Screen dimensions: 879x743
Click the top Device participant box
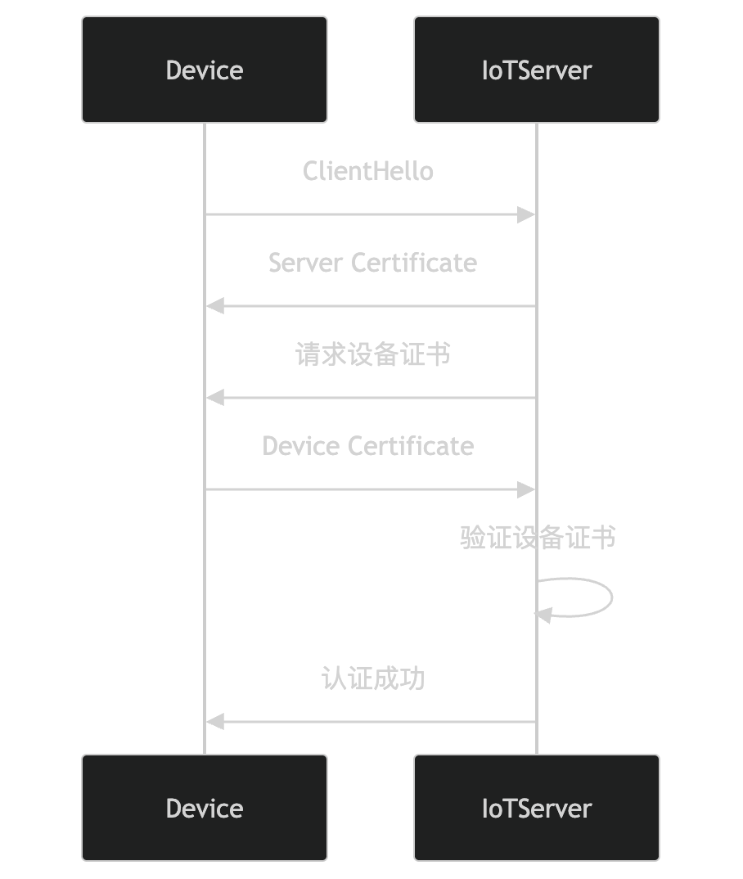[205, 70]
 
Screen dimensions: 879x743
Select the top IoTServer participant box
[536, 70]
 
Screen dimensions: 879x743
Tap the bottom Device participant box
[205, 808]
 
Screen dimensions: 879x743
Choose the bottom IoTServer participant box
[536, 808]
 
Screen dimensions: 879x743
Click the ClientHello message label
[368, 171]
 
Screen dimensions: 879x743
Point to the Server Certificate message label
[372, 263]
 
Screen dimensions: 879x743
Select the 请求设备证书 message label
[372, 354]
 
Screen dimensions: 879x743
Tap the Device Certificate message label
[368, 446]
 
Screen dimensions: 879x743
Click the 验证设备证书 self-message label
[537, 538]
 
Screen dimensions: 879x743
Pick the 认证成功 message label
[372, 678]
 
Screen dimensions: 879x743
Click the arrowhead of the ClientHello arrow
[527, 214]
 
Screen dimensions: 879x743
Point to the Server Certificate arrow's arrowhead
[215, 306]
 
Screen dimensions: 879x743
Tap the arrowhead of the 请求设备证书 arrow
[215, 398]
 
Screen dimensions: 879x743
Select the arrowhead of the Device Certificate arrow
[527, 489]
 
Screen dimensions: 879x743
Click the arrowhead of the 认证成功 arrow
[215, 722]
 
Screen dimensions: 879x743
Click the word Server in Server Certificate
[306, 263]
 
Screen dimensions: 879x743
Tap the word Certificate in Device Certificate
[411, 446]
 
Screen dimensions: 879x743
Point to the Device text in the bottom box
[205, 808]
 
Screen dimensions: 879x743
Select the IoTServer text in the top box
[536, 70]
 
